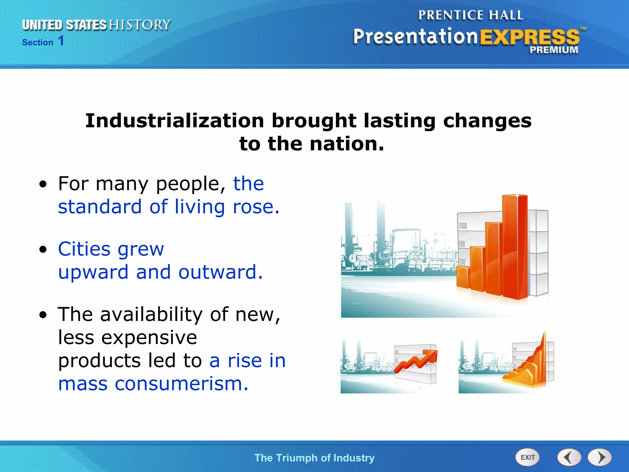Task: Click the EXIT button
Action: (x=527, y=457)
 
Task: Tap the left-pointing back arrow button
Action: (x=569, y=457)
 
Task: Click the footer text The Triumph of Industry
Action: (x=314, y=458)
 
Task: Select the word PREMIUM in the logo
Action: (x=553, y=50)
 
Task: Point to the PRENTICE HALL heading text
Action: (x=470, y=15)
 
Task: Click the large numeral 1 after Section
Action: (x=61, y=41)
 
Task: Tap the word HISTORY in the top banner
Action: (x=140, y=25)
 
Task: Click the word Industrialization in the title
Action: (x=174, y=120)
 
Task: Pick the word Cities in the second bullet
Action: (x=84, y=249)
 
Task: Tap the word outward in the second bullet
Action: (x=220, y=272)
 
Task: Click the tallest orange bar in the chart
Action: (x=515, y=246)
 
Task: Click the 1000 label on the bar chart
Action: (x=462, y=226)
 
